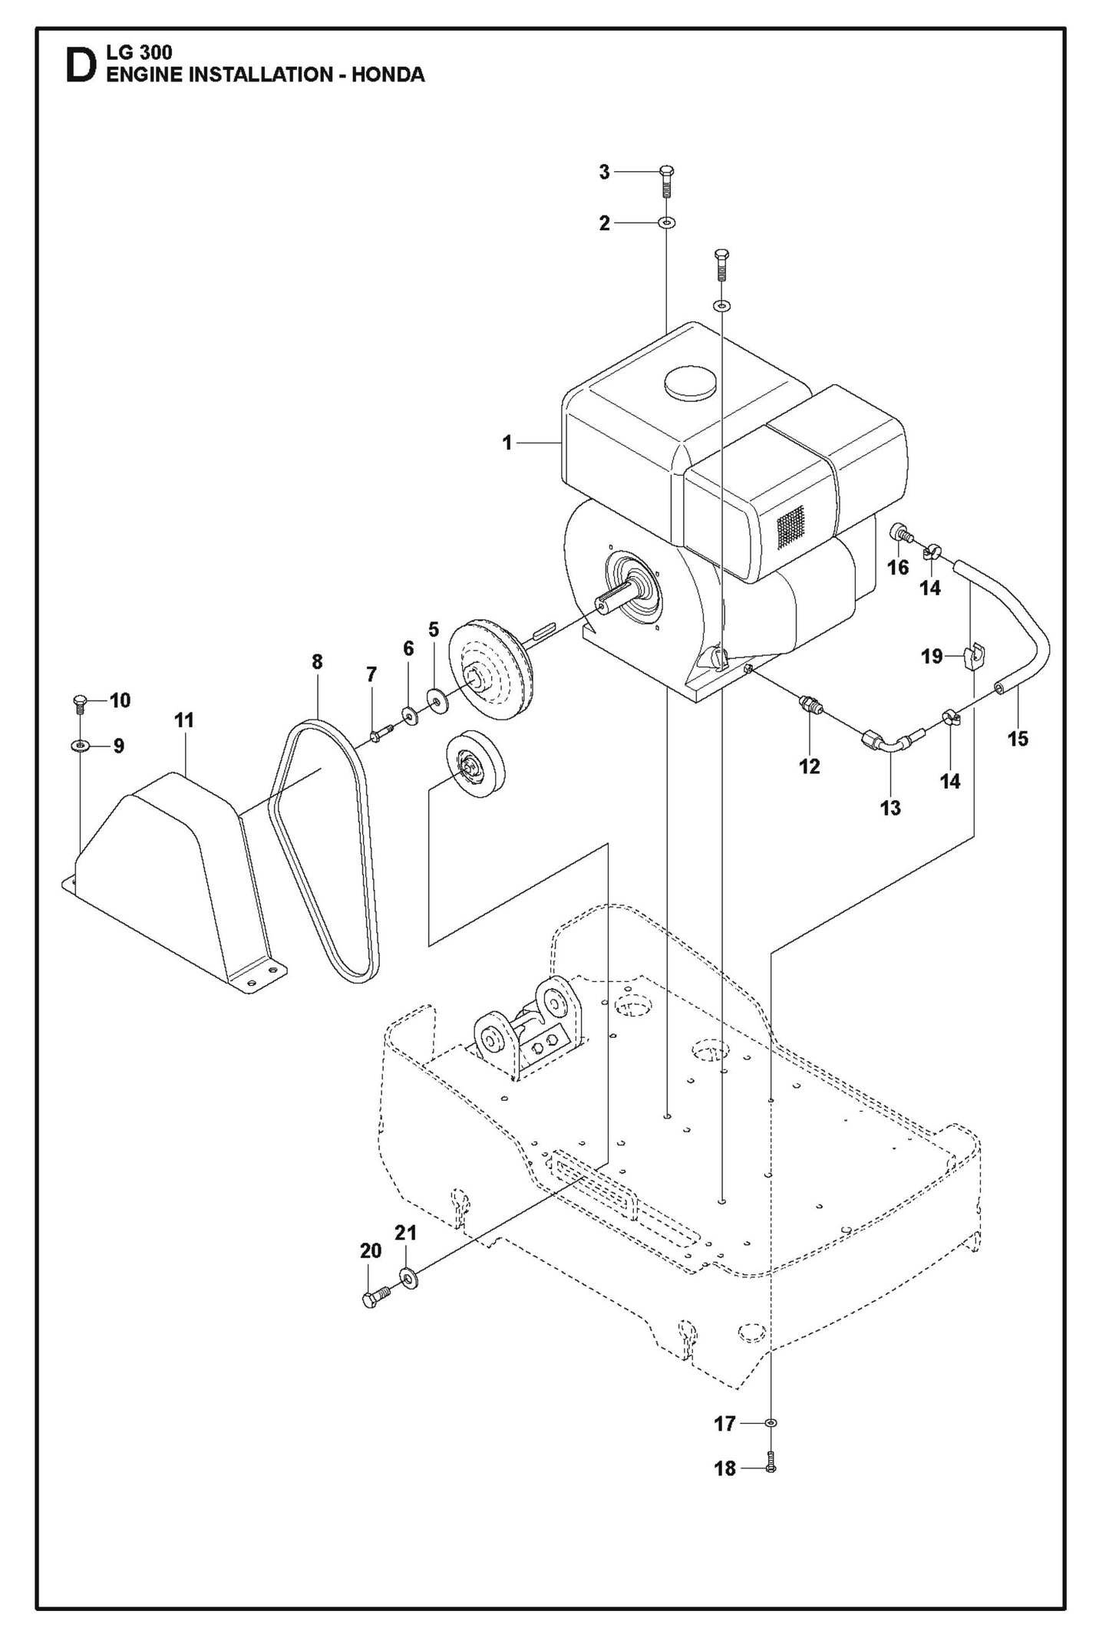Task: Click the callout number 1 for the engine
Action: pyautogui.click(x=507, y=443)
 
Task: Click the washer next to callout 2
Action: pyautogui.click(x=666, y=223)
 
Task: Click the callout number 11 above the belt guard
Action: pyautogui.click(x=184, y=720)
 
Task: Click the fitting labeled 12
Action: pyautogui.click(x=809, y=704)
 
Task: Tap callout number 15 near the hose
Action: pyautogui.click(x=1018, y=739)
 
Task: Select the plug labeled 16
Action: pyautogui.click(x=899, y=532)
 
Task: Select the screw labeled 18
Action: pyautogui.click(x=771, y=1467)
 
